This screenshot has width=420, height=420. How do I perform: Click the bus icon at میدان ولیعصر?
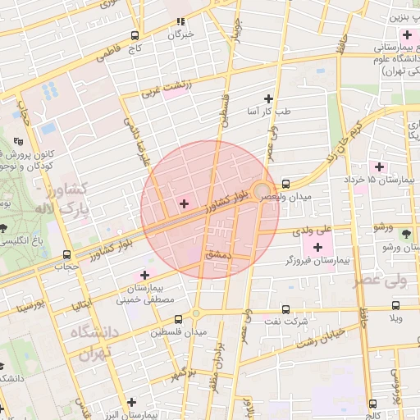285,184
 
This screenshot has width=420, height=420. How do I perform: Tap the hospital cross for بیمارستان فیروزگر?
317,247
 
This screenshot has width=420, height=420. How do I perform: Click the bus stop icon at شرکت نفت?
285,309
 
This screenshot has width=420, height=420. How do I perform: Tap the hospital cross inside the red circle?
184,203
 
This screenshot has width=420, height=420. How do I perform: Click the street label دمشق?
219,256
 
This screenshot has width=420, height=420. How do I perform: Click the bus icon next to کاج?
135,36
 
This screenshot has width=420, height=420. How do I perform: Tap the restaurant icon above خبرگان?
180,21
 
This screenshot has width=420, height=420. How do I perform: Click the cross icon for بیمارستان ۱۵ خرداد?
378,167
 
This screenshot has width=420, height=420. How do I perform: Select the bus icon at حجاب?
66,253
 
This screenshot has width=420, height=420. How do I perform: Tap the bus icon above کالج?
373,404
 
